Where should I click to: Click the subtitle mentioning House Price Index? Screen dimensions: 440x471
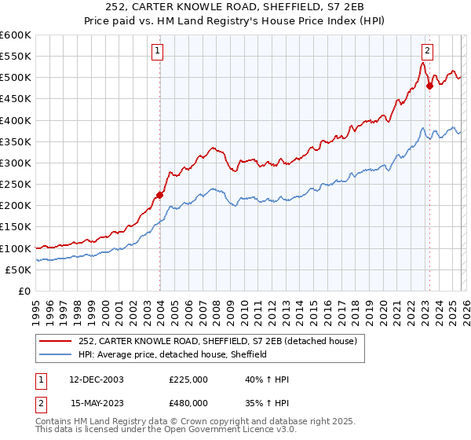tap(235, 21)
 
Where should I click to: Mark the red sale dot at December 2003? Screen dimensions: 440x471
tap(159, 195)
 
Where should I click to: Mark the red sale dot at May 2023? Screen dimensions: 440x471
tap(429, 86)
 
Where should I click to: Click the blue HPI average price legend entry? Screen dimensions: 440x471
tap(173, 354)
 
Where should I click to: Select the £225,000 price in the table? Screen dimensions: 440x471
tap(188, 379)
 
